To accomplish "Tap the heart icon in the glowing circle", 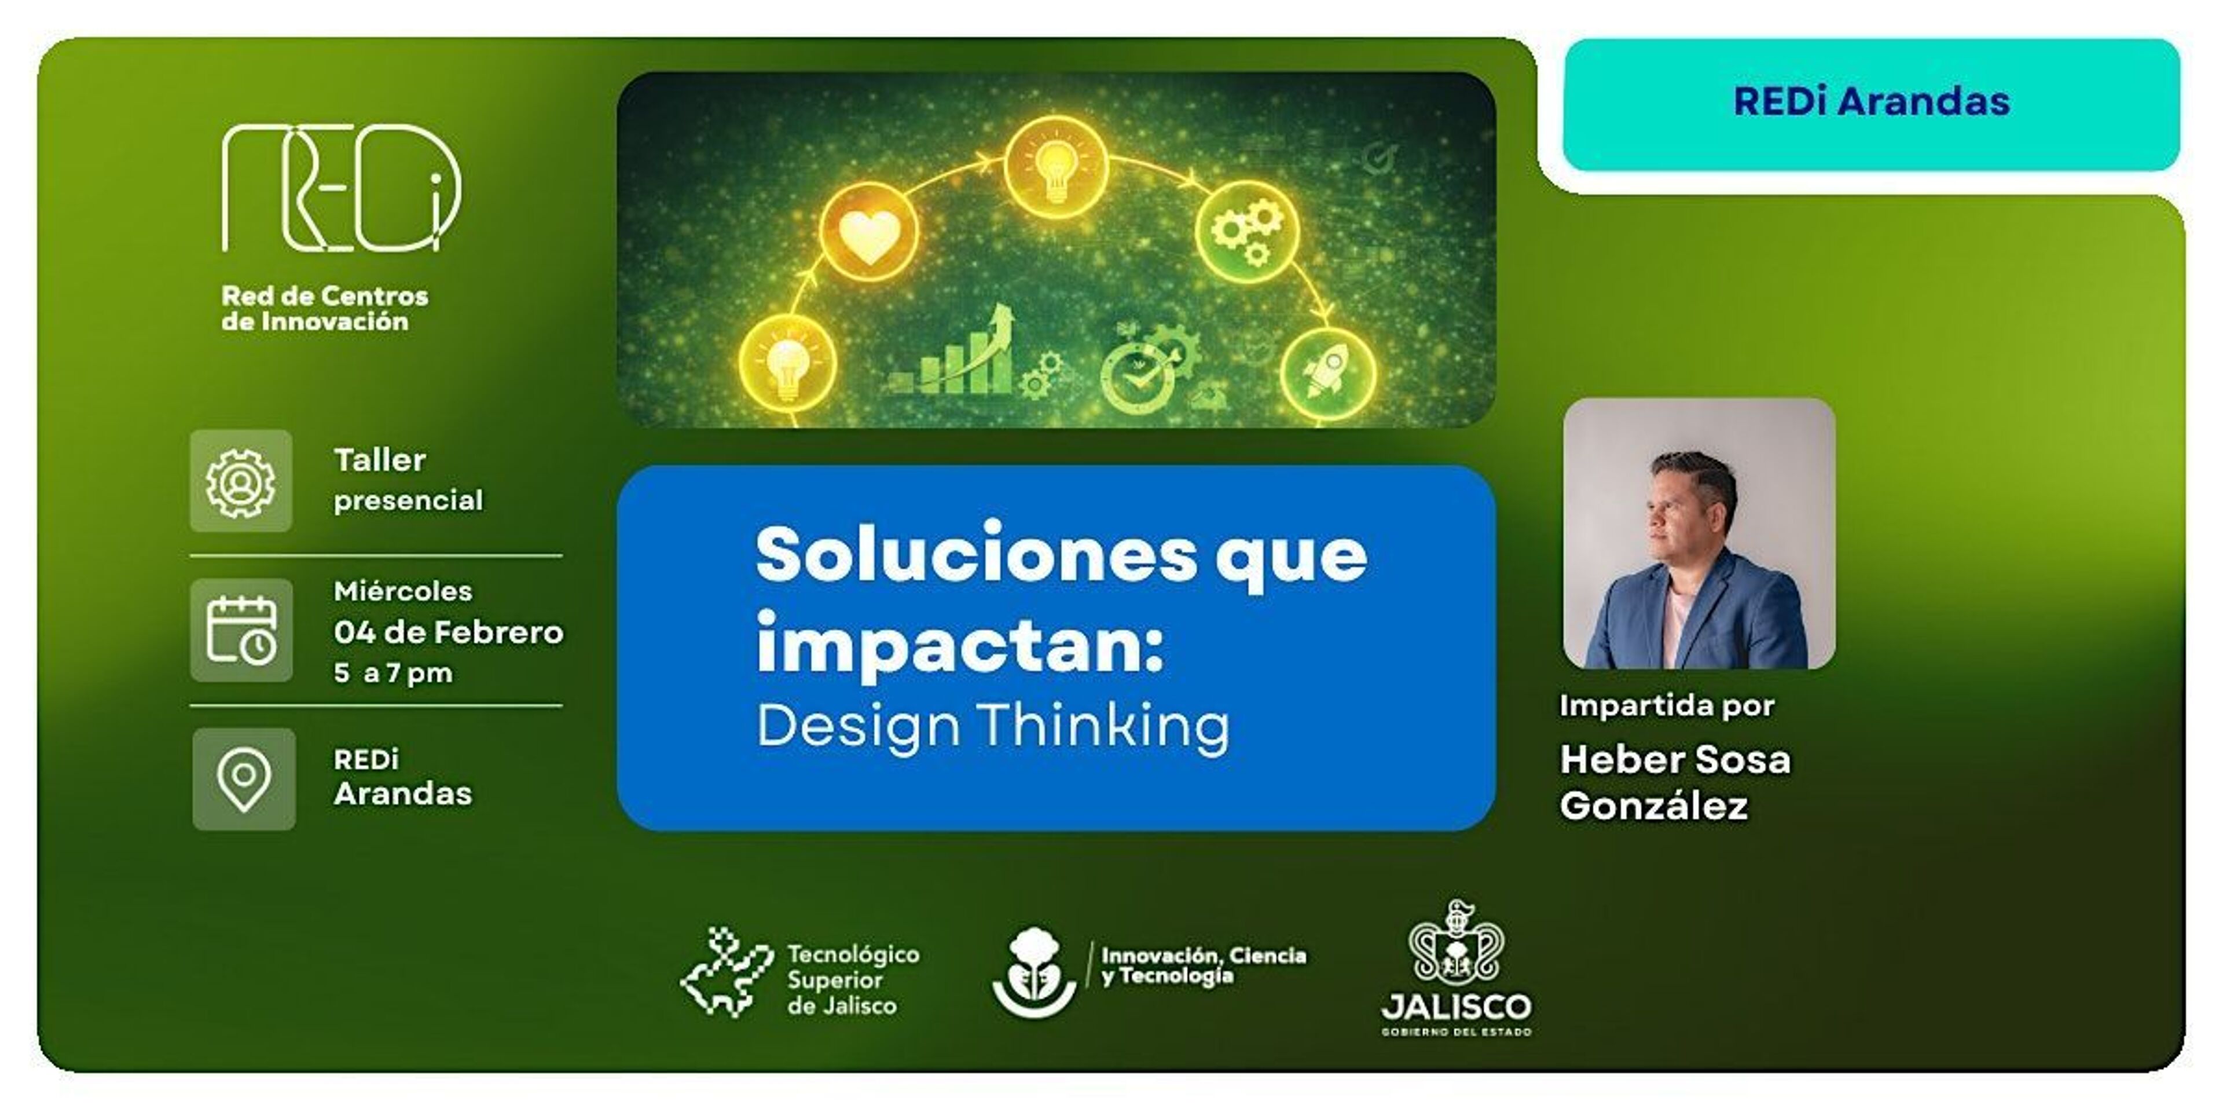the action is pos(869,233).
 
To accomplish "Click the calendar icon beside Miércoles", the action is pos(241,630).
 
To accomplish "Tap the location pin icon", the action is pos(243,779).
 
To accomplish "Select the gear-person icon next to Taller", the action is pos(241,481).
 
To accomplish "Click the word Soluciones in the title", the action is pos(977,554).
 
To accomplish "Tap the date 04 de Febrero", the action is pos(449,632).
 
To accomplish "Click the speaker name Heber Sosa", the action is pos(1675,760).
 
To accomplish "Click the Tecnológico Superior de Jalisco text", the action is pos(853,980).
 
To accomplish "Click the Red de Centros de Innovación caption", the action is pos(325,308).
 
